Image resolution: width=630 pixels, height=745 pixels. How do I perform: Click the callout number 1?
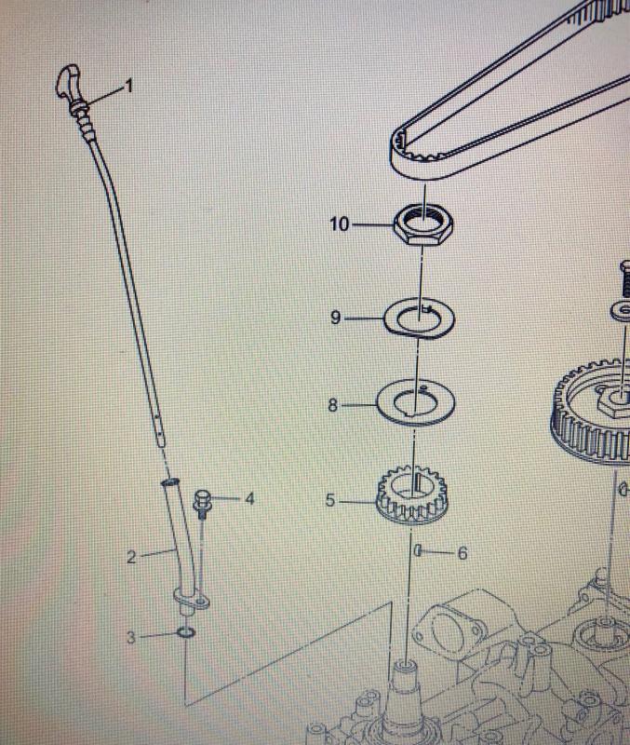point(128,87)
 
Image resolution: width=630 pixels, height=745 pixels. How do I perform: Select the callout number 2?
point(131,557)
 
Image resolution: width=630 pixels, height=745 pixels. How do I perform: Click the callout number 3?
point(131,637)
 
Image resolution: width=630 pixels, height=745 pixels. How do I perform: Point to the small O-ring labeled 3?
point(185,632)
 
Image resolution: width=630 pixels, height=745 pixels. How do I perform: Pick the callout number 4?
point(249,499)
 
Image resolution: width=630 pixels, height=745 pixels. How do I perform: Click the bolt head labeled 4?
point(201,499)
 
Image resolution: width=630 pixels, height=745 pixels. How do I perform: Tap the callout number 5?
point(330,500)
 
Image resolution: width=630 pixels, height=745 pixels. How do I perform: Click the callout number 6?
point(462,553)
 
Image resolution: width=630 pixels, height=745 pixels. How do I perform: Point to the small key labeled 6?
point(418,551)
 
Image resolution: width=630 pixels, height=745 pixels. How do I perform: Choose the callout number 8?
point(333,405)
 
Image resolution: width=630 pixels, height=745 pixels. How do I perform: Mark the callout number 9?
point(335,318)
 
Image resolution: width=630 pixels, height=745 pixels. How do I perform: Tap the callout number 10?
point(340,223)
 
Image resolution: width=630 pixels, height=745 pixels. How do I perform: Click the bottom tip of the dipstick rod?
point(162,446)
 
